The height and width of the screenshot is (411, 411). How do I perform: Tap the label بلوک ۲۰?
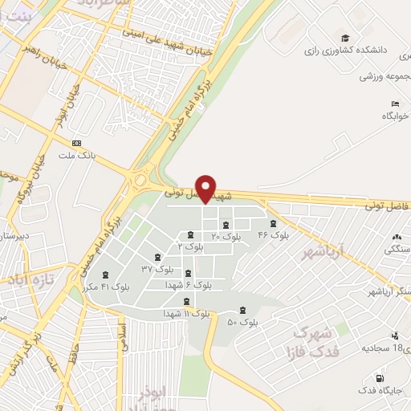226,237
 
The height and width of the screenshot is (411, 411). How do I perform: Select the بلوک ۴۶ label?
273,235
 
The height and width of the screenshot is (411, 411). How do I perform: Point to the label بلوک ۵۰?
242,323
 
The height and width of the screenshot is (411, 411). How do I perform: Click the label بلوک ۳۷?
157,268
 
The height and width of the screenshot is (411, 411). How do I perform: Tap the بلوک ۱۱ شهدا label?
186,314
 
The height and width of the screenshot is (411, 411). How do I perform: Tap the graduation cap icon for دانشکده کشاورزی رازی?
345,39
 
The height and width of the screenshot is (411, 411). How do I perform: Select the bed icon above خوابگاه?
394,104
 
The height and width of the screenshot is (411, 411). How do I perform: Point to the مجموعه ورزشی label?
385,76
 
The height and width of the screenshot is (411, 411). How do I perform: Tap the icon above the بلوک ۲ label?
189,235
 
